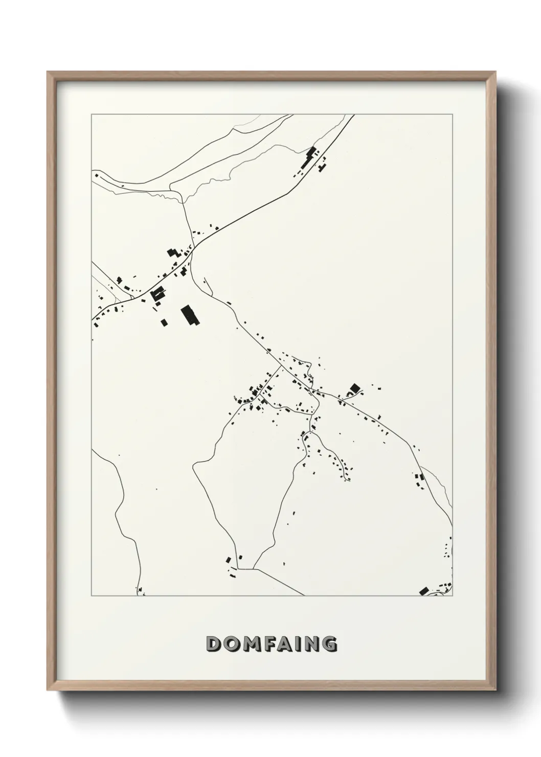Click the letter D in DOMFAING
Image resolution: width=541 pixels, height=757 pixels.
coord(213,644)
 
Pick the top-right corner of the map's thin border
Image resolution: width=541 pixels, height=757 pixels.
coord(453,114)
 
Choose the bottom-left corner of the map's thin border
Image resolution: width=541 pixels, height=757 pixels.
coord(92,596)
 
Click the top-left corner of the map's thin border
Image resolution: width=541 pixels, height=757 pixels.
coord(92,114)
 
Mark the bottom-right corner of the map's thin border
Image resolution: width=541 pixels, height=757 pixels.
coord(453,596)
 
